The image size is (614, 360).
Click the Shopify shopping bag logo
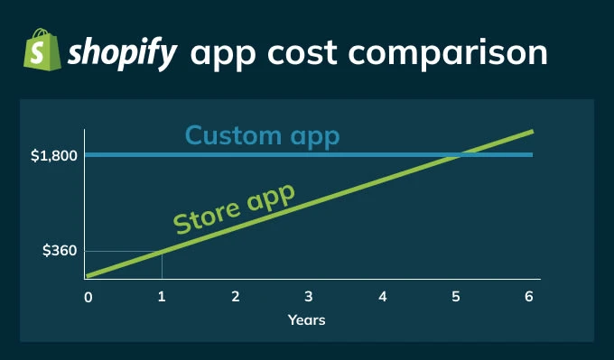[40, 50]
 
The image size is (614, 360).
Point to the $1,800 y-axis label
[53, 156]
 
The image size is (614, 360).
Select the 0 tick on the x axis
[88, 297]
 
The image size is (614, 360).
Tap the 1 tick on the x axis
[162, 297]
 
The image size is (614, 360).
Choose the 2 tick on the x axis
[235, 297]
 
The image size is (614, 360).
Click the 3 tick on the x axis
[309, 297]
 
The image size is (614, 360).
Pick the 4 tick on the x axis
[383, 297]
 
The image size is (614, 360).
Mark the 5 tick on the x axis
[456, 297]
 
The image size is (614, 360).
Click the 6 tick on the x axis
[529, 297]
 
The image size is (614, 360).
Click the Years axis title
[306, 319]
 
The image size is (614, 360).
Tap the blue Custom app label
[263, 135]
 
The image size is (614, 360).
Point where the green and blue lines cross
[456, 155]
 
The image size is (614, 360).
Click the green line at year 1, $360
[162, 252]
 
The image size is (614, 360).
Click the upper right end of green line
[532, 132]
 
